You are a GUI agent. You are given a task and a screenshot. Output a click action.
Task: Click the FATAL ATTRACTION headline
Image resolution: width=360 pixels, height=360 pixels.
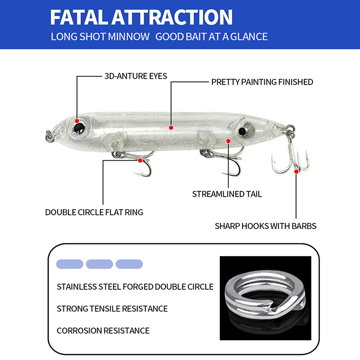pyautogui.click(x=141, y=17)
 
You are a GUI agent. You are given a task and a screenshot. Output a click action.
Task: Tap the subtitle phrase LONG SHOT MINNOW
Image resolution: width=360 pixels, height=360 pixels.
pyautogui.click(x=100, y=37)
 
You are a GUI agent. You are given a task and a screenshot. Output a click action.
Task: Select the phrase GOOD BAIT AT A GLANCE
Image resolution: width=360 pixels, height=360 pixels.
pyautogui.click(x=211, y=37)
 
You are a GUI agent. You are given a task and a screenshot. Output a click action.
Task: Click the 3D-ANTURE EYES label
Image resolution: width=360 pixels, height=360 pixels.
pyautogui.click(x=136, y=76)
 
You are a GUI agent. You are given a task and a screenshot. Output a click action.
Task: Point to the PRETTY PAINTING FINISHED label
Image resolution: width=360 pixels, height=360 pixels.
pyautogui.click(x=262, y=82)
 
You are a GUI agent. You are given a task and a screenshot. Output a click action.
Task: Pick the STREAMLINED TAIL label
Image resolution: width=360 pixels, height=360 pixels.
pyautogui.click(x=227, y=194)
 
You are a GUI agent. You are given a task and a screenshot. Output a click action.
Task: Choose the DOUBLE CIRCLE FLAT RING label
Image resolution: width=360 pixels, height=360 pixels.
pyautogui.click(x=94, y=212)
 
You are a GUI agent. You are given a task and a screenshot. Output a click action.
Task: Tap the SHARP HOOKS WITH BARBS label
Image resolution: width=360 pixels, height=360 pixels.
pyautogui.click(x=265, y=226)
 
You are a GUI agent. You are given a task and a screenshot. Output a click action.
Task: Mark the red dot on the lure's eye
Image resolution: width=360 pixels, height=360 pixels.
pyautogui.click(x=77, y=121)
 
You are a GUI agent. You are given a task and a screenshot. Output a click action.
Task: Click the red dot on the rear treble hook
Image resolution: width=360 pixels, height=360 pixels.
pyautogui.click(x=297, y=171)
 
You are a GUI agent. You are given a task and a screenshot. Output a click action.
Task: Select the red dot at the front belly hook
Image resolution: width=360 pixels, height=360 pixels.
pyautogui.click(x=140, y=161)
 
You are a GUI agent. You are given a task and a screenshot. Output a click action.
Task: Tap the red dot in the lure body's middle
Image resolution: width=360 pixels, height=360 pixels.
pyautogui.click(x=171, y=128)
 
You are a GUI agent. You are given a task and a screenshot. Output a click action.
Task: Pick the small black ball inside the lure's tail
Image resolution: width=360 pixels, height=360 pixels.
pyautogui.click(x=242, y=131)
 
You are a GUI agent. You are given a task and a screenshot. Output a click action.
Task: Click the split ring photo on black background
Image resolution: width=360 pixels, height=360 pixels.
pyautogui.click(x=265, y=298)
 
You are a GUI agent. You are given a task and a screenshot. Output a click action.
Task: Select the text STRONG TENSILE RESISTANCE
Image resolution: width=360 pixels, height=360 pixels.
pyautogui.click(x=112, y=309)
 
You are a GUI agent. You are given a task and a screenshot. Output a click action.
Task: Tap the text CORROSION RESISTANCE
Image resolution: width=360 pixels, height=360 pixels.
pyautogui.click(x=103, y=331)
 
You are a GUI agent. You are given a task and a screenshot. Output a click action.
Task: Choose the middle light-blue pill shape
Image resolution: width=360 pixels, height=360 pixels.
pyautogui.click(x=99, y=264)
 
